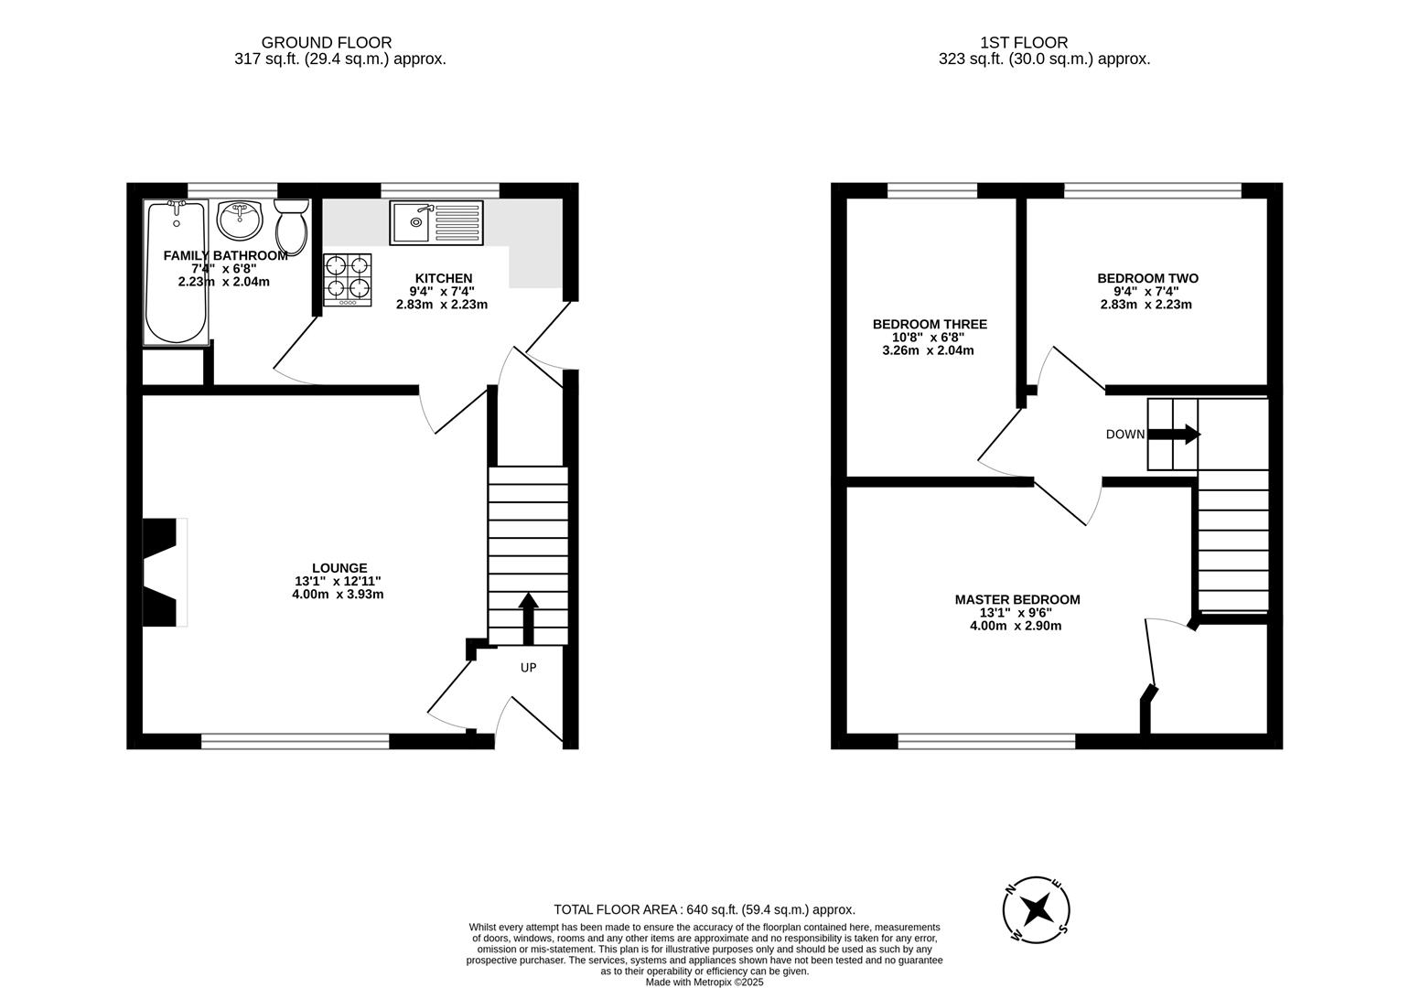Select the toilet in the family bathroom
pyautogui.click(x=293, y=227)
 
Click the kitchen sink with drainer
pyautogui.click(x=436, y=222)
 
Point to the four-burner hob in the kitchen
pyautogui.click(x=348, y=279)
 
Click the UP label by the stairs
pyautogui.click(x=528, y=668)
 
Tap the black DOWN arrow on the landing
pyautogui.click(x=1175, y=435)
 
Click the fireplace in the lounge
pyautogui.click(x=163, y=573)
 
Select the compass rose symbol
pyautogui.click(x=1037, y=909)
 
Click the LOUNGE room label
pyautogui.click(x=339, y=568)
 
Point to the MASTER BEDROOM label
pyautogui.click(x=1017, y=600)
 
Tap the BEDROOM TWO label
pyautogui.click(x=1147, y=279)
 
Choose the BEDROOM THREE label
pyautogui.click(x=930, y=325)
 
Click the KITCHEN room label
pyautogui.click(x=444, y=279)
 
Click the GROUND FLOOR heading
pyautogui.click(x=327, y=42)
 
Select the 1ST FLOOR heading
pyautogui.click(x=1024, y=42)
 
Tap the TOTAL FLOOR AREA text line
pyautogui.click(x=704, y=909)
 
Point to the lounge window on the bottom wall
pyautogui.click(x=296, y=741)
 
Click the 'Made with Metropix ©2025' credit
pyautogui.click(x=704, y=982)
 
